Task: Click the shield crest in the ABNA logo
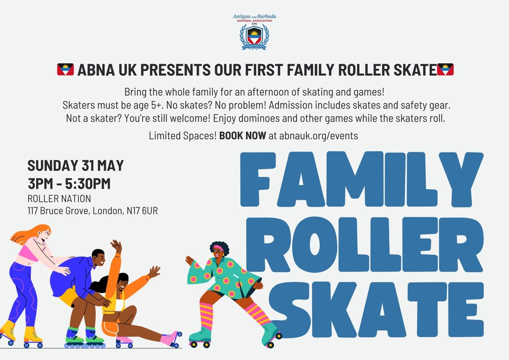click(254, 35)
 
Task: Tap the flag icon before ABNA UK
click(66, 69)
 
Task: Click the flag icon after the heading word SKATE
click(445, 69)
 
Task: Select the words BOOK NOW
click(243, 136)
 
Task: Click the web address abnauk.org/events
click(319, 136)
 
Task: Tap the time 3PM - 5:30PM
click(69, 183)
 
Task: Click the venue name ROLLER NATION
click(59, 198)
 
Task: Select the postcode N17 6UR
click(142, 211)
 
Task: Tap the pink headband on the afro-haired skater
click(218, 248)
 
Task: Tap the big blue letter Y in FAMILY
click(461, 179)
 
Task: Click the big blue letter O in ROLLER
click(315, 245)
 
